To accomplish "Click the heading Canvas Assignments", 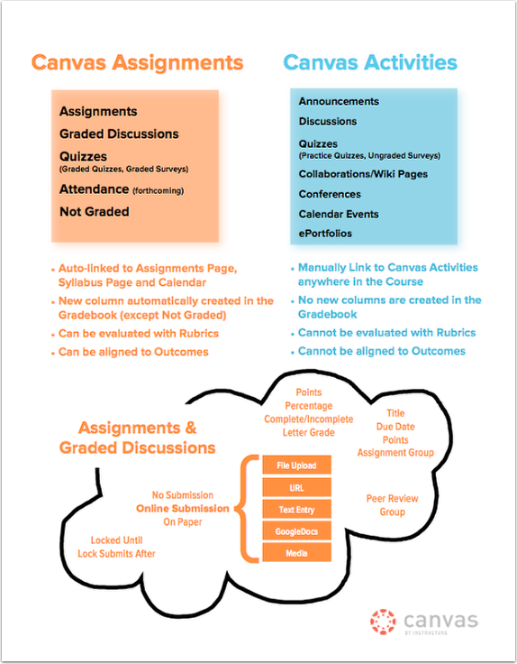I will [x=137, y=62].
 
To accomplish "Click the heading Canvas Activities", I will [x=369, y=62].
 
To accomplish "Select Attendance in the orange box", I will [x=95, y=189].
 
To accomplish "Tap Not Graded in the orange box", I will [x=94, y=212].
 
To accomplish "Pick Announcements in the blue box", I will [x=339, y=102].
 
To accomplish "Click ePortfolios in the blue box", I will [x=325, y=234].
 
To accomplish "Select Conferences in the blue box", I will [x=330, y=194].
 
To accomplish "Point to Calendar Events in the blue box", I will [x=339, y=214].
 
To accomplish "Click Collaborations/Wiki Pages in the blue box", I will [x=363, y=174].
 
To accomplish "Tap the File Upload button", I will [x=296, y=466].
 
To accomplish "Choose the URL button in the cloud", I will [x=296, y=488].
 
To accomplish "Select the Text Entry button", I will [x=296, y=510].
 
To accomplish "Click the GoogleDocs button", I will [x=296, y=531].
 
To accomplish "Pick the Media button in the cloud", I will [x=296, y=553].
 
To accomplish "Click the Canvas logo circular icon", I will [x=383, y=622].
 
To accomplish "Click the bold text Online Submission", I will [x=184, y=509].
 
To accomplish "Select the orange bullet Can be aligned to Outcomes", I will [x=132, y=351].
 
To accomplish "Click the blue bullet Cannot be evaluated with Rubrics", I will [x=386, y=333].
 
